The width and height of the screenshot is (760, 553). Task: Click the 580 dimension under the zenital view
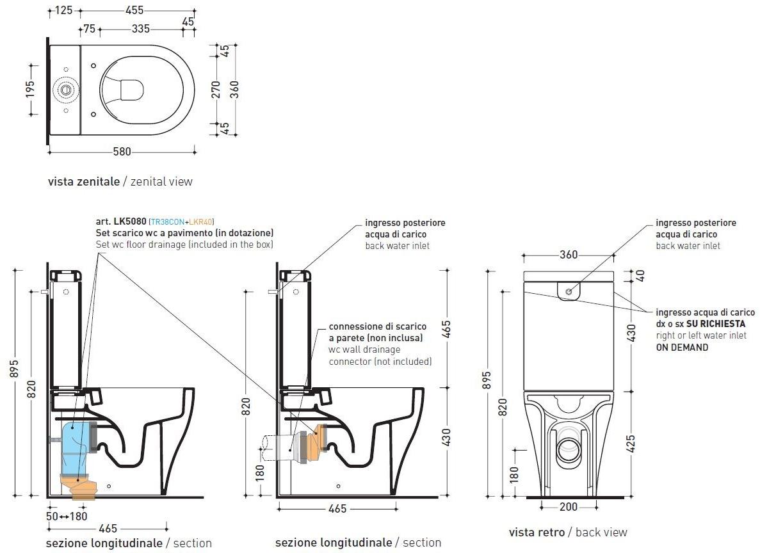point(122,152)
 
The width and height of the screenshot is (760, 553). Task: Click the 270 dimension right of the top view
point(216,90)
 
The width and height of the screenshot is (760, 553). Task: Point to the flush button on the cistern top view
point(65,90)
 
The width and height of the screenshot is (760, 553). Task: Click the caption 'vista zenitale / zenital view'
point(120,182)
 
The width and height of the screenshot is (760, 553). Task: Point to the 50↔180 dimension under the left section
point(67,516)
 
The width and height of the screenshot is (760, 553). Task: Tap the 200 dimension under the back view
point(569,507)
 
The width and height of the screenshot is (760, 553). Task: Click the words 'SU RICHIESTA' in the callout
point(717,324)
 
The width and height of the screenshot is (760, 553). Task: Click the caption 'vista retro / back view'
point(568,533)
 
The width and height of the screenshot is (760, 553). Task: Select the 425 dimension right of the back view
point(631,444)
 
